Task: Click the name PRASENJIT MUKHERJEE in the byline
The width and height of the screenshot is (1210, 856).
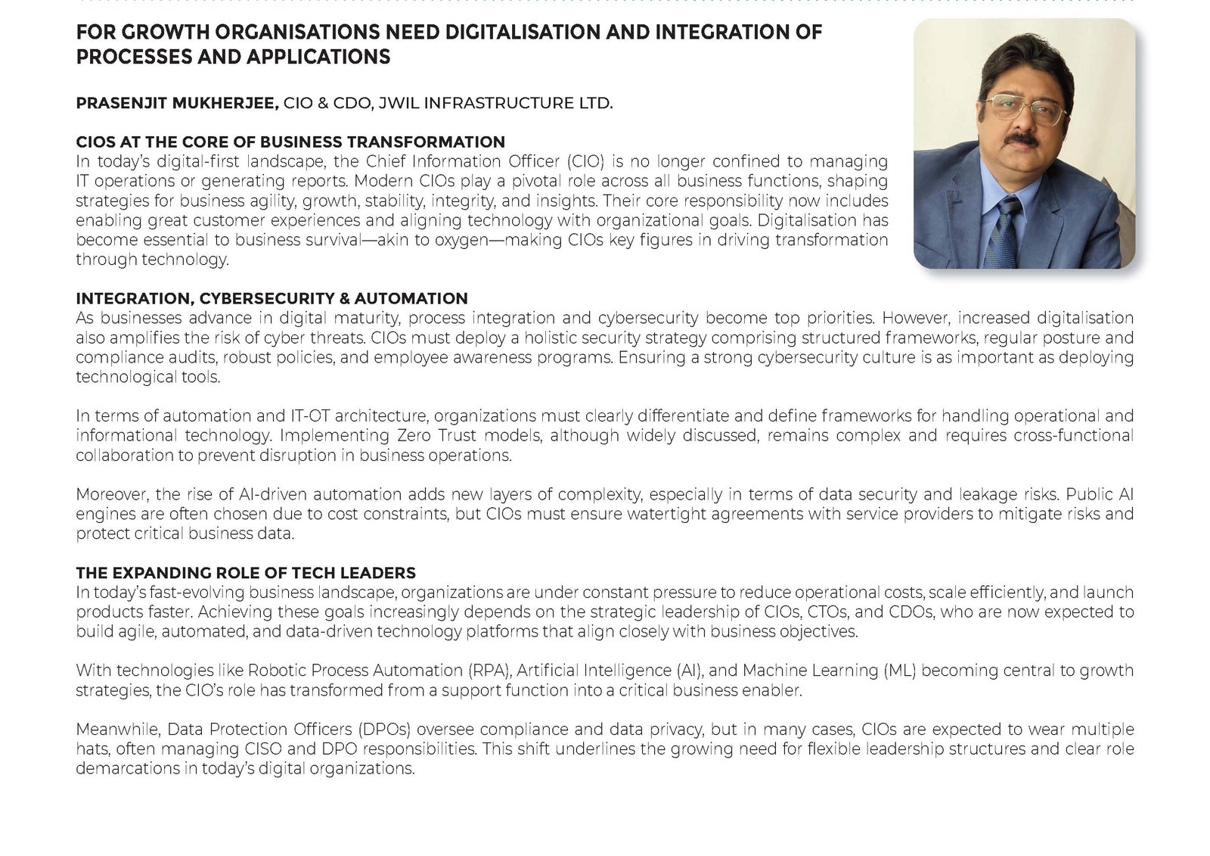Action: [x=177, y=103]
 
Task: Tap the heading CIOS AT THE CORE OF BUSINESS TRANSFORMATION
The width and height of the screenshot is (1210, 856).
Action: [x=290, y=142]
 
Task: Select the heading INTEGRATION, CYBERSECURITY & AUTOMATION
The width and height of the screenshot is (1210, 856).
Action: [x=271, y=298]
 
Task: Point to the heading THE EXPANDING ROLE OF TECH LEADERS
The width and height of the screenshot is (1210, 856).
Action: [x=246, y=573]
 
